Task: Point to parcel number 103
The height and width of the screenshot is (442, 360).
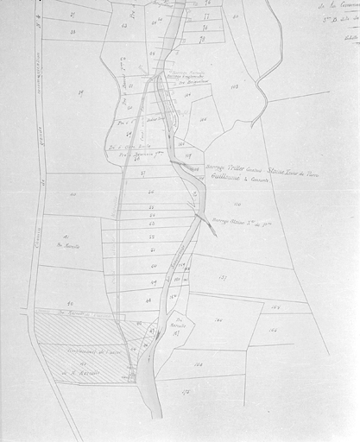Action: click(234, 87)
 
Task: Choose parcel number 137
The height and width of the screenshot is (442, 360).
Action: click(222, 277)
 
